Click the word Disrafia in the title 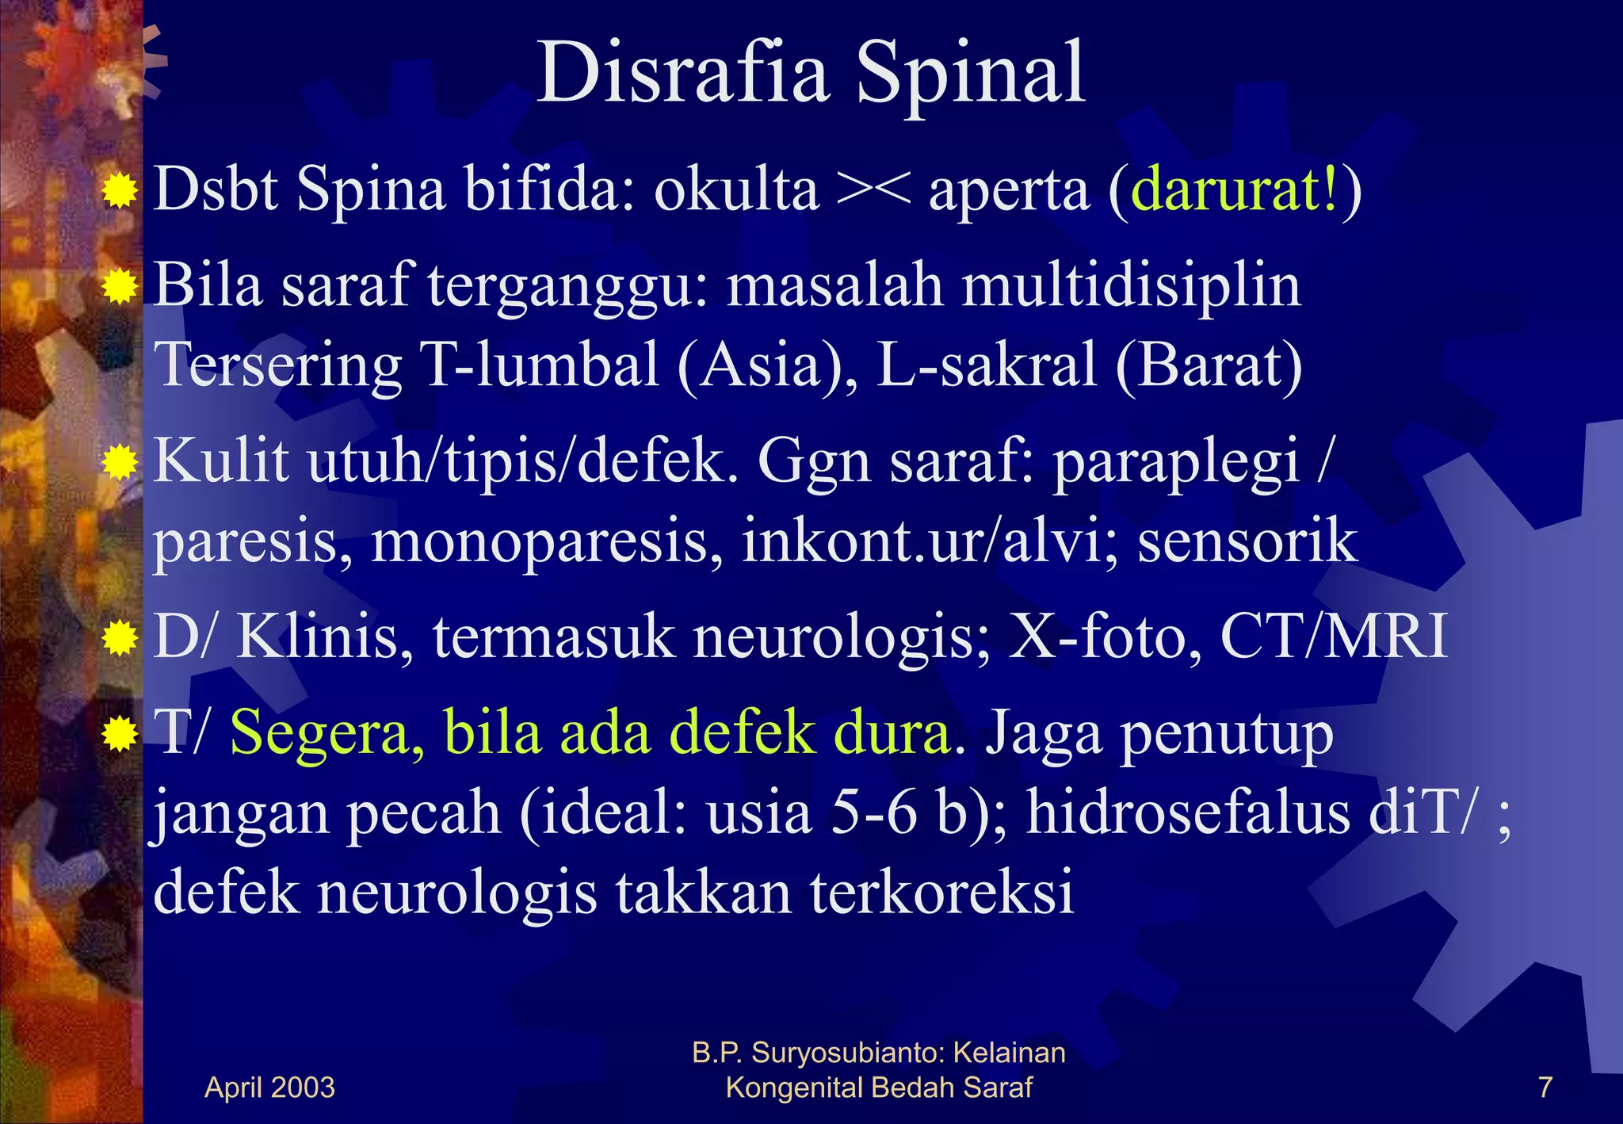pos(682,74)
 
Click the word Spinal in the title pos(970,75)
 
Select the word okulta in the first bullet pos(735,190)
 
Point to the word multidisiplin pos(1131,286)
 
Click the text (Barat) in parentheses pos(1209,365)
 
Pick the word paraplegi pos(1176,462)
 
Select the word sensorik pos(1247,541)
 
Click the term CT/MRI pos(1334,637)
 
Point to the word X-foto pos(1105,637)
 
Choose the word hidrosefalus pos(1188,813)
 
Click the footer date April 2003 pos(269,1087)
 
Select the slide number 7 pos(1545,1087)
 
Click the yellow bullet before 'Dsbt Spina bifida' pos(120,191)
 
